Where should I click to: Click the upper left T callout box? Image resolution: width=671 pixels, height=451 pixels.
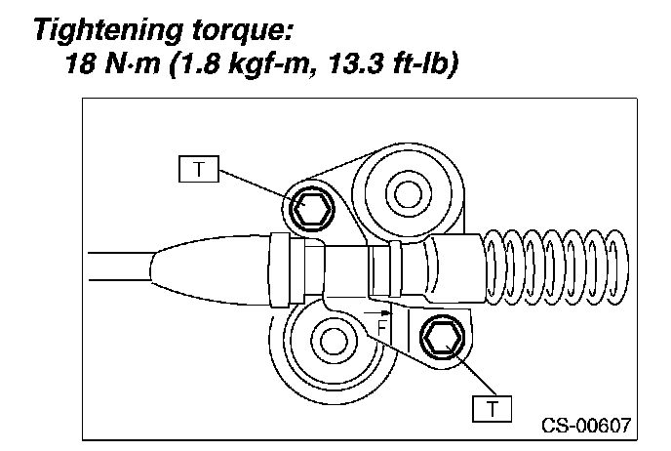[x=199, y=169]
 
